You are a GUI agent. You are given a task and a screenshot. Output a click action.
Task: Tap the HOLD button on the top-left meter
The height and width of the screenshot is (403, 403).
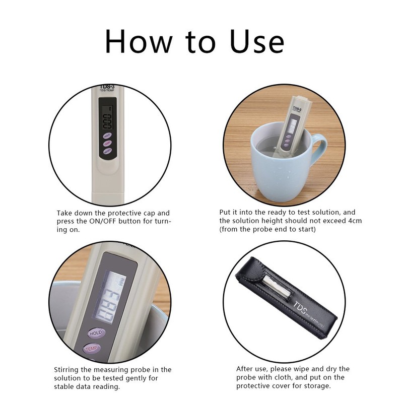pyautogui.click(x=107, y=136)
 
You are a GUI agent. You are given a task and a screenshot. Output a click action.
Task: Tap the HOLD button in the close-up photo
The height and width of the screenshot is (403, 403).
pyautogui.click(x=95, y=333)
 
